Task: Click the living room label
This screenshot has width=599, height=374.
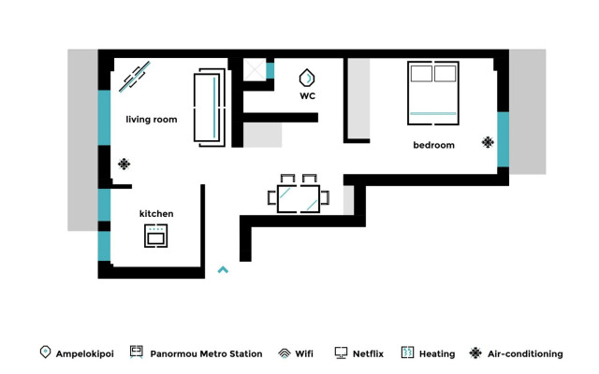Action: click(x=152, y=120)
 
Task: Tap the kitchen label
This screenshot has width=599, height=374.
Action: click(x=156, y=214)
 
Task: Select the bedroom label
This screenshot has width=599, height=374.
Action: click(x=433, y=145)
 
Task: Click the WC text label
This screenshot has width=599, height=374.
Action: click(x=307, y=96)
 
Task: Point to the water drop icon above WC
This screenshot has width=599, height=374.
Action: click(x=307, y=78)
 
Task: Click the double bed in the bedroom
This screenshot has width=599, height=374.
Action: click(x=433, y=93)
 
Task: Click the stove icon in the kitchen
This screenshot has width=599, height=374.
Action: click(x=156, y=236)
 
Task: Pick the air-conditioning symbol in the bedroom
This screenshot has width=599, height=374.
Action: click(x=488, y=142)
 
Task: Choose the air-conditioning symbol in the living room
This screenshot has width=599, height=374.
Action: click(x=124, y=165)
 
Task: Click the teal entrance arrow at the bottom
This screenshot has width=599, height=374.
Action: click(x=223, y=270)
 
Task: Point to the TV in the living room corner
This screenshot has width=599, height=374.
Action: click(x=135, y=77)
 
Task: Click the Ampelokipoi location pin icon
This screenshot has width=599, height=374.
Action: click(x=45, y=352)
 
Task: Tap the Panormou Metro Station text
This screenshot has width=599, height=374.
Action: click(x=206, y=354)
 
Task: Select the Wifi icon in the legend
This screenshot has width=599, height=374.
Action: click(x=285, y=353)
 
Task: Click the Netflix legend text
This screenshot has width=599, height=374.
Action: click(x=368, y=354)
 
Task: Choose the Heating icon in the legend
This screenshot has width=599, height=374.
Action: click(x=407, y=352)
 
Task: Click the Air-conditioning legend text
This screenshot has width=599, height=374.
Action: click(x=525, y=354)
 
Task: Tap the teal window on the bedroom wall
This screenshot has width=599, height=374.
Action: click(x=503, y=139)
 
